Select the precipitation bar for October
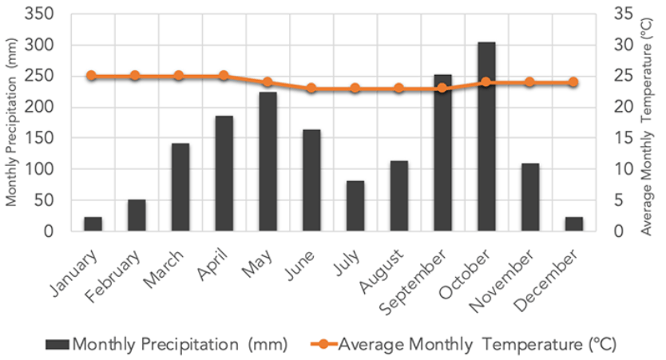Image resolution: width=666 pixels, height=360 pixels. point(486,136)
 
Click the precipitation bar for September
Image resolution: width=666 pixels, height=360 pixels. point(442,152)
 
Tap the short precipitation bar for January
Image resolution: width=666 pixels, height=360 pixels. point(93,224)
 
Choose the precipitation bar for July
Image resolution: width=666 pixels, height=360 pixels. point(355,206)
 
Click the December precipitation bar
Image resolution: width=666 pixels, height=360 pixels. point(573,224)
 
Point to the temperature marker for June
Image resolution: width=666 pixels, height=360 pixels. point(311,88)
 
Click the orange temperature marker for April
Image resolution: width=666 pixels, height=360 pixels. point(224,76)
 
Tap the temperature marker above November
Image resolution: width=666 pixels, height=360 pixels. point(529,82)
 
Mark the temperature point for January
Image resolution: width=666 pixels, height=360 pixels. point(92,76)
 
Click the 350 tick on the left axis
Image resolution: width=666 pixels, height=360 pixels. point(50,14)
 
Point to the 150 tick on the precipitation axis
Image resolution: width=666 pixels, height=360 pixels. point(50,138)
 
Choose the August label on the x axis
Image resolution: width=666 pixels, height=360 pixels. point(384,267)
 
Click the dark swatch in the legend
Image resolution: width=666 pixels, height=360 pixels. point(57,344)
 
